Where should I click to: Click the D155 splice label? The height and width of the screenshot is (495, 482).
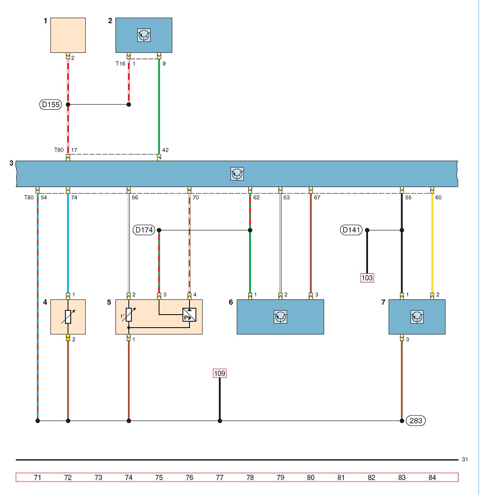tap(51, 104)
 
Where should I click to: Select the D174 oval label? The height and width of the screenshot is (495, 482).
tap(144, 230)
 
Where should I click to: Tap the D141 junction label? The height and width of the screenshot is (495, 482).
tap(351, 230)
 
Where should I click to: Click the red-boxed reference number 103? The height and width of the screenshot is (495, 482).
tap(367, 278)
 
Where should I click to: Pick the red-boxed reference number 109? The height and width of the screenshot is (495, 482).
tap(220, 373)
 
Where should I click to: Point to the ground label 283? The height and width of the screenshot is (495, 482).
tap(416, 421)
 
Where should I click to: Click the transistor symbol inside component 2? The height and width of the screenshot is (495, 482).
tap(144, 35)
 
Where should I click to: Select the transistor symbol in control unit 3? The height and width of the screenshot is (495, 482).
tap(237, 174)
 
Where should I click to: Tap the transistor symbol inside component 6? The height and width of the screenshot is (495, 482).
tap(280, 317)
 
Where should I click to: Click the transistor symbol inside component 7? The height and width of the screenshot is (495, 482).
tap(417, 317)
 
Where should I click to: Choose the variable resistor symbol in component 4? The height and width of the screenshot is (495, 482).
tap(68, 317)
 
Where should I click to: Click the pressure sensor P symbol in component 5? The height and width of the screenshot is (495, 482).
tap(190, 315)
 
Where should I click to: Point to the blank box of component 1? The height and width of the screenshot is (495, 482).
tap(68, 35)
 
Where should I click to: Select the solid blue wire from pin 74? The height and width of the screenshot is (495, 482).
tap(68, 243)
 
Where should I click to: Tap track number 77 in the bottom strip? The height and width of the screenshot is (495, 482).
tap(220, 477)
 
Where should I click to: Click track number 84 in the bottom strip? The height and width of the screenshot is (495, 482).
tap(432, 477)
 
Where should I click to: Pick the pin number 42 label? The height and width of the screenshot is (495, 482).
tap(165, 150)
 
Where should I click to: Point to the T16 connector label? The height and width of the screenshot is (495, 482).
tap(121, 63)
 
